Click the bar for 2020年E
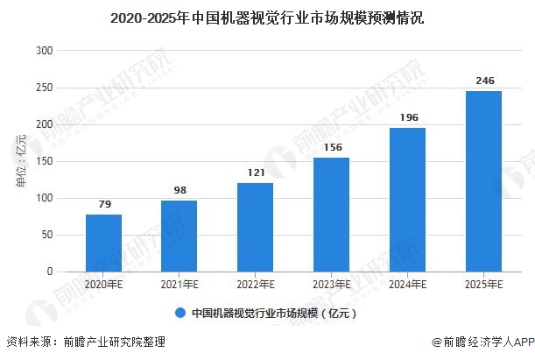click(x=103, y=243)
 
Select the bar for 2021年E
click(x=180, y=236)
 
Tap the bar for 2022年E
click(x=256, y=227)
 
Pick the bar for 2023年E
click(x=332, y=215)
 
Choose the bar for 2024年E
click(x=407, y=200)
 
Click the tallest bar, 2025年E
click(x=483, y=181)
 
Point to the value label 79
click(x=103, y=205)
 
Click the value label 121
click(x=256, y=173)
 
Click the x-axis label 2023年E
click(x=332, y=285)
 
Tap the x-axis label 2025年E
click(x=483, y=285)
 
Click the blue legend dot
click(x=180, y=312)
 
